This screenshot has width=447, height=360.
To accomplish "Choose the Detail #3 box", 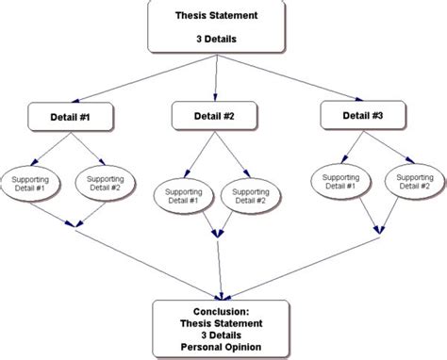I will [x=363, y=115].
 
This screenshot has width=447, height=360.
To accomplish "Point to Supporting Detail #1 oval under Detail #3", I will [x=338, y=182].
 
